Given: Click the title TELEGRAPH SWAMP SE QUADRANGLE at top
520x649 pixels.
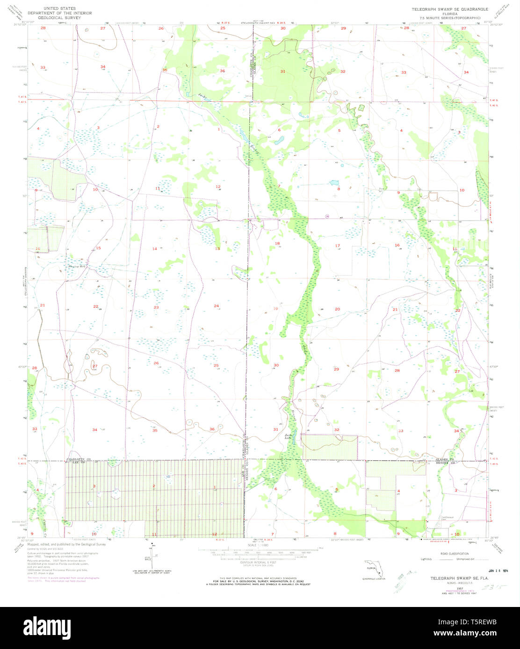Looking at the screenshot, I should point(449,9).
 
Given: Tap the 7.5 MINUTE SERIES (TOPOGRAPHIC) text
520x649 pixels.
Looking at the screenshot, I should point(449,17).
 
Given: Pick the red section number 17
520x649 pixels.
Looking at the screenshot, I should point(337,246).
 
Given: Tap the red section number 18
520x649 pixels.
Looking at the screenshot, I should point(277,244).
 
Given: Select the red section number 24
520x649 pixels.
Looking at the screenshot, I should point(216,306).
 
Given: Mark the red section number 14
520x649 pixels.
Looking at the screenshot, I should point(154,249).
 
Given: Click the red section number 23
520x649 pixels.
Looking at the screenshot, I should point(156,307).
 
